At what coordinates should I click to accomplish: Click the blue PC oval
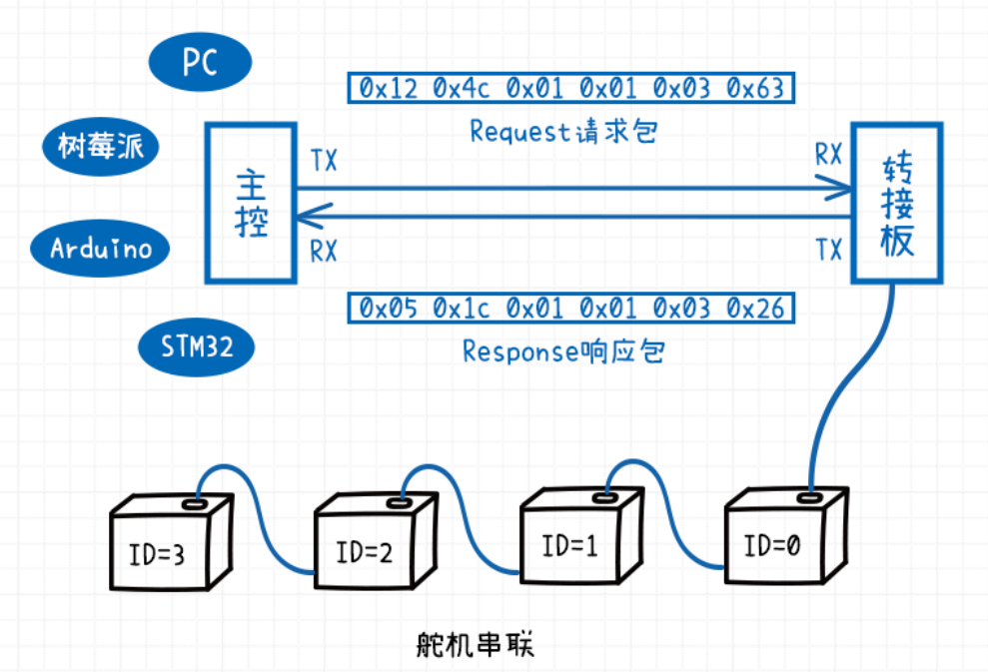(199, 64)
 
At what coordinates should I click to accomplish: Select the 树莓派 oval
(100, 147)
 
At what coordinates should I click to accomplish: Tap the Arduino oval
(101, 248)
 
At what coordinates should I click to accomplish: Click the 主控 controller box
(251, 202)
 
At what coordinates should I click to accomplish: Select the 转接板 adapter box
(896, 203)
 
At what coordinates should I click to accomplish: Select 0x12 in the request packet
(388, 89)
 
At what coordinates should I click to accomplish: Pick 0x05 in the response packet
(388, 309)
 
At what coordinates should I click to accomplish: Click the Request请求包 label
(563, 132)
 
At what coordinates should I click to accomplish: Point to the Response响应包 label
(563, 351)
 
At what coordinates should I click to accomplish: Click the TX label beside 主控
(324, 161)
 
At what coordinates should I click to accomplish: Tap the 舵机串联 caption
(475, 644)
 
